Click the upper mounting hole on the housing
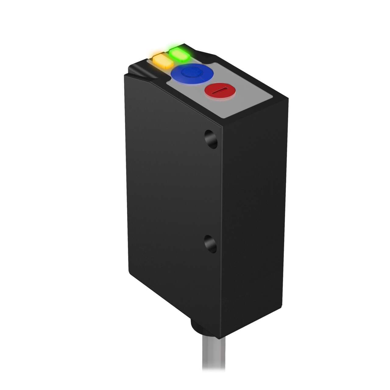coord(211,139)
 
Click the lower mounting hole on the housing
coord(211,243)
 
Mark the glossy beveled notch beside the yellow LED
coord(139,71)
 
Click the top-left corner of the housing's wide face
coord(125,75)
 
